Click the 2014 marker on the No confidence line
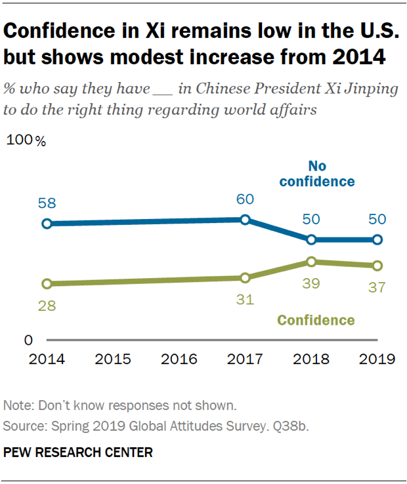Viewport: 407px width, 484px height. coord(47,224)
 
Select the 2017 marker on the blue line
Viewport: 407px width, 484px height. coord(245,220)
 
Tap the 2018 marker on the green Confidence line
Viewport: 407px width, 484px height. coord(311,262)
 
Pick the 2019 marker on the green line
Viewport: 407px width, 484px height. coord(377,266)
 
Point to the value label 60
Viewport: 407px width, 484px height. coord(245,199)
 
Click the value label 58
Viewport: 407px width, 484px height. coord(47,203)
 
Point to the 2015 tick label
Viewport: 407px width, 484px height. coord(113,359)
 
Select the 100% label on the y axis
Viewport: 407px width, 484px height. coord(27,141)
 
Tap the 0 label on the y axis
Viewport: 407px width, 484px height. coord(28,340)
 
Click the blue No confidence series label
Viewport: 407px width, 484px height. coord(317,173)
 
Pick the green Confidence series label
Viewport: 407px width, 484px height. coord(316,321)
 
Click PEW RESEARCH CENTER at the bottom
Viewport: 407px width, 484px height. coord(78,452)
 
